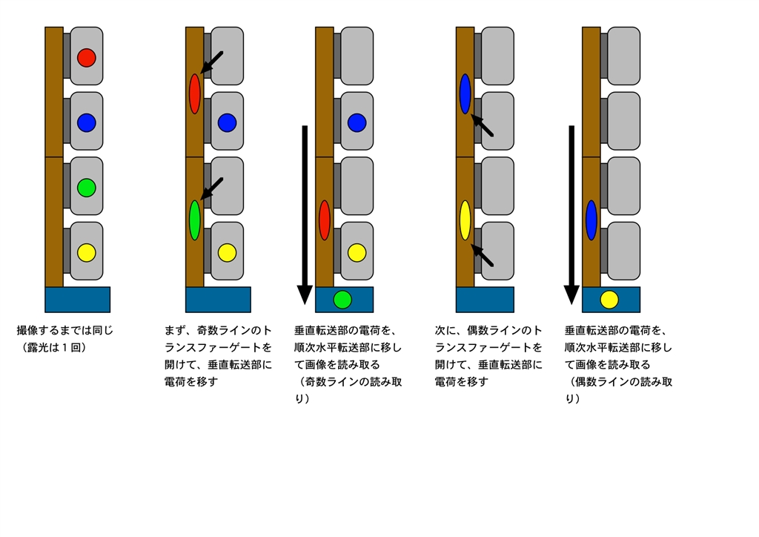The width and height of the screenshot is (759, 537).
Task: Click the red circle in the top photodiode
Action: pos(86,57)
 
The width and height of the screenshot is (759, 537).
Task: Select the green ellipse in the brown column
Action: pos(195,220)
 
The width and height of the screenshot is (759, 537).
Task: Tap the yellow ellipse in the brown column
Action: pos(465,220)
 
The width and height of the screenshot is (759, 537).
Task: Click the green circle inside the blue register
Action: pos(342,300)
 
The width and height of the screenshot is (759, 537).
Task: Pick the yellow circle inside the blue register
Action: pos(609,300)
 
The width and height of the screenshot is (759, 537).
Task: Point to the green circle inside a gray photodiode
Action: pos(86,188)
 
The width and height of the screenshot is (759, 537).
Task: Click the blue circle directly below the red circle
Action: pos(86,122)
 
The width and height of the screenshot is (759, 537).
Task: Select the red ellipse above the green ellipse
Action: pos(195,93)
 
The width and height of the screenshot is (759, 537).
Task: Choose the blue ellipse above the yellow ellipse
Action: pos(465,93)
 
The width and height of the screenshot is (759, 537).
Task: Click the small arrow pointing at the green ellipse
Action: pos(211,189)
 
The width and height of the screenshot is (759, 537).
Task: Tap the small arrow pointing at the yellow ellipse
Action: pos(482,256)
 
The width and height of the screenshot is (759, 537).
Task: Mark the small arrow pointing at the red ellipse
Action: pos(211,63)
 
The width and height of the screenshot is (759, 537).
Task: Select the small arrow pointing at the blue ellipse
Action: pos(482,126)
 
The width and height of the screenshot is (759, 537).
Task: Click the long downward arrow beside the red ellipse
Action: pos(304,215)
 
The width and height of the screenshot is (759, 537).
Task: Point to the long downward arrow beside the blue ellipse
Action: pos(571,215)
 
